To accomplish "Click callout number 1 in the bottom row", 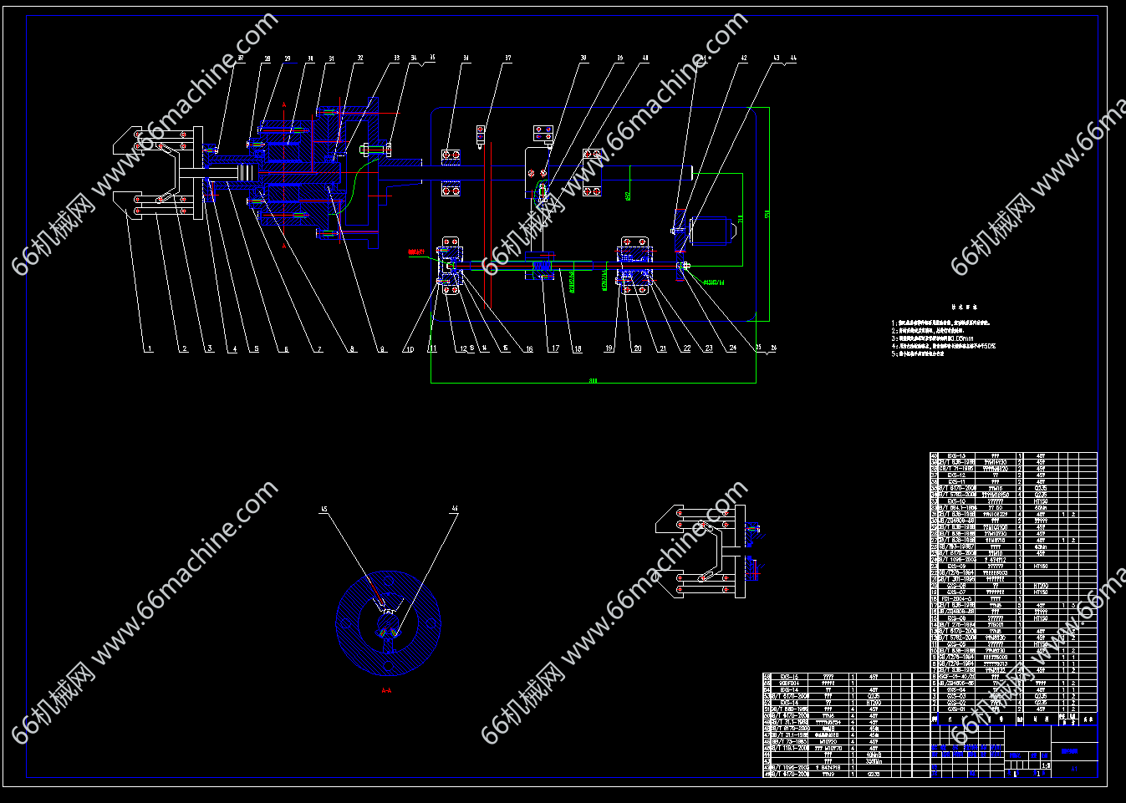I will pos(150,349).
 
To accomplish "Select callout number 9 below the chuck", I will pos(382,349).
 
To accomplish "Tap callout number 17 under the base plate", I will pos(554,348).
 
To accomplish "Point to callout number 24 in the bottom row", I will pos(732,348).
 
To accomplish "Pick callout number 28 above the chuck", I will pos(267,59).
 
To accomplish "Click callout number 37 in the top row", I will pos(507,59).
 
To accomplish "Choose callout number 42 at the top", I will pos(743,59).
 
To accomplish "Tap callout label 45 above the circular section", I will pos(324,509).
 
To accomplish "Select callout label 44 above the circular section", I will pos(455,509).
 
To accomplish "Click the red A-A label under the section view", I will pos(386,691).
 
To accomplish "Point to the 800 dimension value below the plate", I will pos(594,380).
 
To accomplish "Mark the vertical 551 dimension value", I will pos(767,215).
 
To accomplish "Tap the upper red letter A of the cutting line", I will pos(284,104).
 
